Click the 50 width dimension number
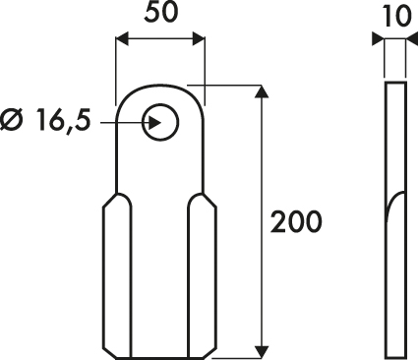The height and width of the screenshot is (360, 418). [160, 13]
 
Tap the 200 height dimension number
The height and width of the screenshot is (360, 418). [296, 222]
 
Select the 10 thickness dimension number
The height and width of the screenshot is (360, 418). [396, 17]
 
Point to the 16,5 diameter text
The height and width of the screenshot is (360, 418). [63, 120]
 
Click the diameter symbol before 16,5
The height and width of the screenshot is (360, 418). [13, 119]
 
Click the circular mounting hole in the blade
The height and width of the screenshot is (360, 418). [160, 122]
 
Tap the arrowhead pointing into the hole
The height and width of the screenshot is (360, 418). [154, 123]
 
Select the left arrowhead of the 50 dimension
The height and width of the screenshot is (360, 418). [122, 39]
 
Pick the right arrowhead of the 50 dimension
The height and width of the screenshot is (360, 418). [199, 39]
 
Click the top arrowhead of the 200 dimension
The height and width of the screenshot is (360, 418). [262, 91]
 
